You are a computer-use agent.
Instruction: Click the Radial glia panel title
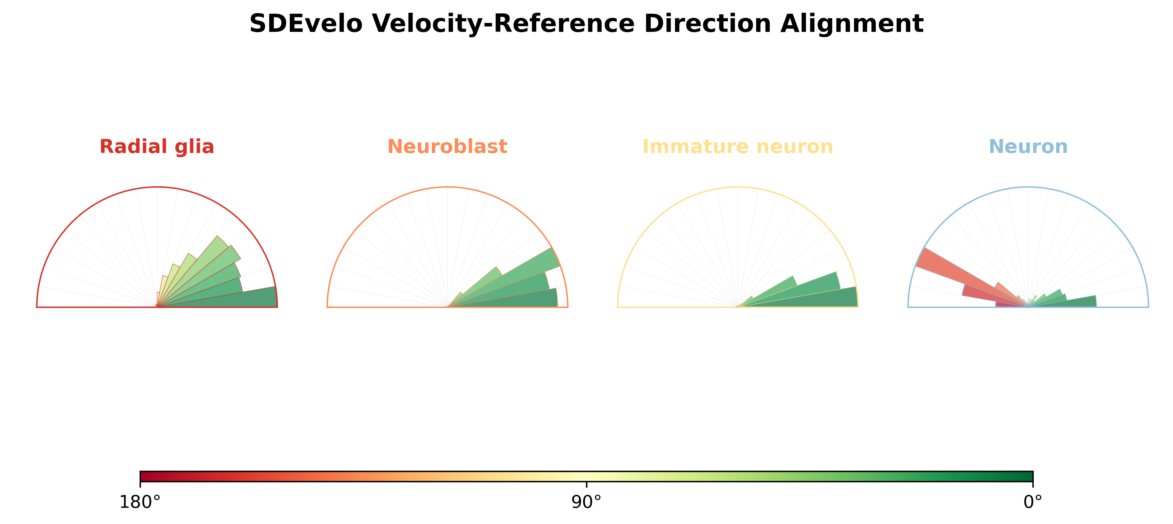tap(157, 147)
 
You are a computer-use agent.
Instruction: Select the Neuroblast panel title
tap(447, 147)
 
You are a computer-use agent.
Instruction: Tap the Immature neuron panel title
tap(738, 147)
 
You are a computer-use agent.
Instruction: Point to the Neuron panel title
tap(1028, 147)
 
